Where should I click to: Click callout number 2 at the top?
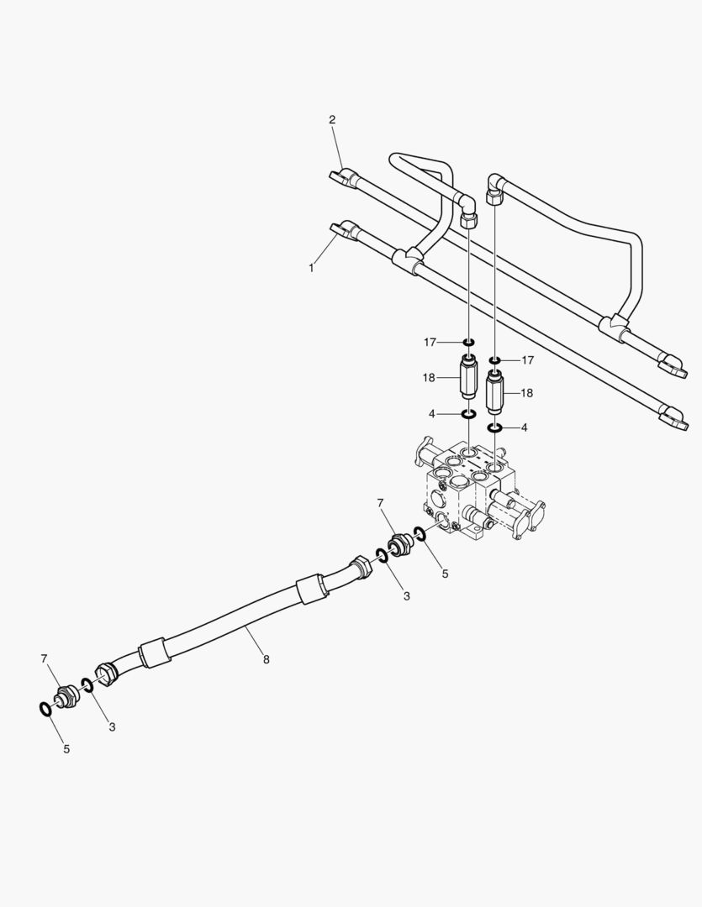coord(332,120)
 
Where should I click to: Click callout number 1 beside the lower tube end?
coord(312,268)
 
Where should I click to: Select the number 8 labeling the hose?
coord(266,659)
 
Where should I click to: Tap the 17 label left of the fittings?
coord(430,342)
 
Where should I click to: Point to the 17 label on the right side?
coord(528,360)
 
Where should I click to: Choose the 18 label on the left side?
coord(430,378)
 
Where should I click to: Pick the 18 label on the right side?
coord(528,392)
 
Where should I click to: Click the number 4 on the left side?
coord(430,413)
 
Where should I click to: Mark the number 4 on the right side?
coord(525,427)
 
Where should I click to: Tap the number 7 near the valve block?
coord(380,503)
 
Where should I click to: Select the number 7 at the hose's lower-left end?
coord(45,659)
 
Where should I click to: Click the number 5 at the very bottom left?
coord(66,748)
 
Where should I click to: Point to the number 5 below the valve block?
coord(446,574)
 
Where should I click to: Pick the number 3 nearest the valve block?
coord(406,595)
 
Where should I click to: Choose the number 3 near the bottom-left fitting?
coord(112,726)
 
